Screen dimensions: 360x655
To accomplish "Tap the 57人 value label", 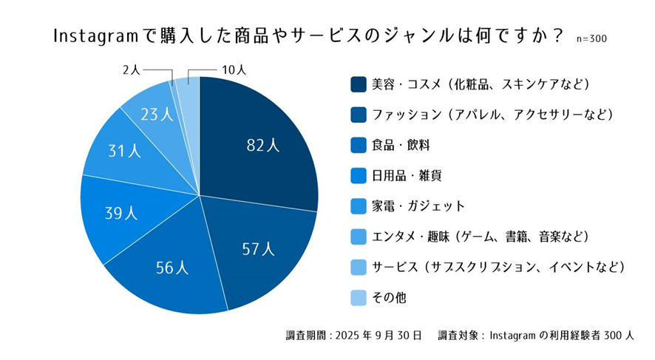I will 259,248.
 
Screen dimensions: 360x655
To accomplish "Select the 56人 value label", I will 173,267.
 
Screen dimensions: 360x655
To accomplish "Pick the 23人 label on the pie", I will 157,115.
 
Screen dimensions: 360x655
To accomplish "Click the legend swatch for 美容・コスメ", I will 359,84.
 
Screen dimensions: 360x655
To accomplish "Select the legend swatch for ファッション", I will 359,115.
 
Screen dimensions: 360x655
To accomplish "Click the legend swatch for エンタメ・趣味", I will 359,237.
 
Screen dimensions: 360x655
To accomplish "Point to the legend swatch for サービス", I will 359,267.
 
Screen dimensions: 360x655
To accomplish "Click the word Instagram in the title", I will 96,35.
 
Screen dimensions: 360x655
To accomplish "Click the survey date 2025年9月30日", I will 378,335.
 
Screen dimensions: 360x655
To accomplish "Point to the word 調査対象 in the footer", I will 458,335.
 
